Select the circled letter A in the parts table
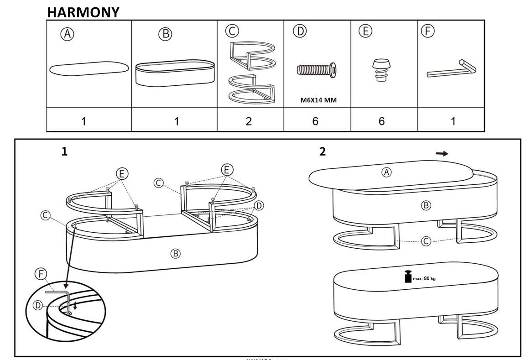(68, 34)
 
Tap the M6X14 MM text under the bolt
(318, 100)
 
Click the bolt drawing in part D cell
(317, 70)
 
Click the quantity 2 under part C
(249, 121)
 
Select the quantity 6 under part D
(315, 121)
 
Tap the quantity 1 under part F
(453, 121)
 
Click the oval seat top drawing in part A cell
(89, 68)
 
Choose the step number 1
(65, 152)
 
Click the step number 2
(323, 152)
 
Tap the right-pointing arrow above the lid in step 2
(442, 154)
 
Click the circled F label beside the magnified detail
(41, 274)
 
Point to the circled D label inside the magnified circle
(38, 305)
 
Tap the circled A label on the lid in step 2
(386, 172)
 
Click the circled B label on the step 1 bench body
(175, 253)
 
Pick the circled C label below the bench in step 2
(425, 241)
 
